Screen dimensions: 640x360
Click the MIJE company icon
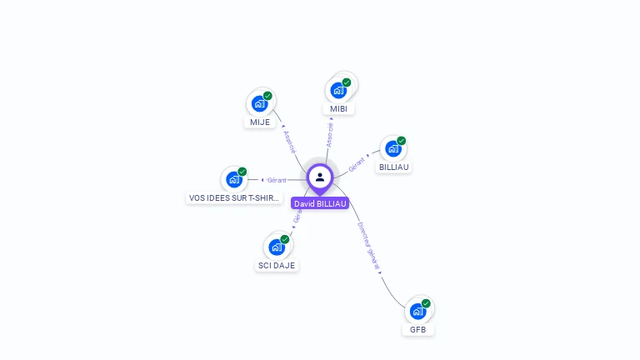(260, 104)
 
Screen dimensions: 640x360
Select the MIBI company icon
(338, 90)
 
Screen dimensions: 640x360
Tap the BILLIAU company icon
(393, 149)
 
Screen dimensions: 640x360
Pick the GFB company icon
(417, 312)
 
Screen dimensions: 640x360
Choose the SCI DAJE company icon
(277, 247)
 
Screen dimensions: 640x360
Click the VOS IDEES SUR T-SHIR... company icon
(234, 179)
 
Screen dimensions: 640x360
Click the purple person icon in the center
(320, 177)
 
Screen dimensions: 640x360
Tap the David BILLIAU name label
(320, 203)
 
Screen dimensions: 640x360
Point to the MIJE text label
(260, 122)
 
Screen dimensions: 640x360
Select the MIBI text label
(338, 109)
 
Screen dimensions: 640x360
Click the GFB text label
(417, 330)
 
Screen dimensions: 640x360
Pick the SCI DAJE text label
(277, 266)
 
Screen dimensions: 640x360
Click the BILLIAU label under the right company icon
(394, 167)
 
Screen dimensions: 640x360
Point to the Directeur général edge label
(368, 243)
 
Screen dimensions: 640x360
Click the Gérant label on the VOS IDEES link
(277, 180)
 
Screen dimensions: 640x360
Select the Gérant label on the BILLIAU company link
(357, 163)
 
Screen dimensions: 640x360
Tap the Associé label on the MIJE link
(290, 142)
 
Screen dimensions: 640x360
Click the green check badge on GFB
(426, 303)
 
